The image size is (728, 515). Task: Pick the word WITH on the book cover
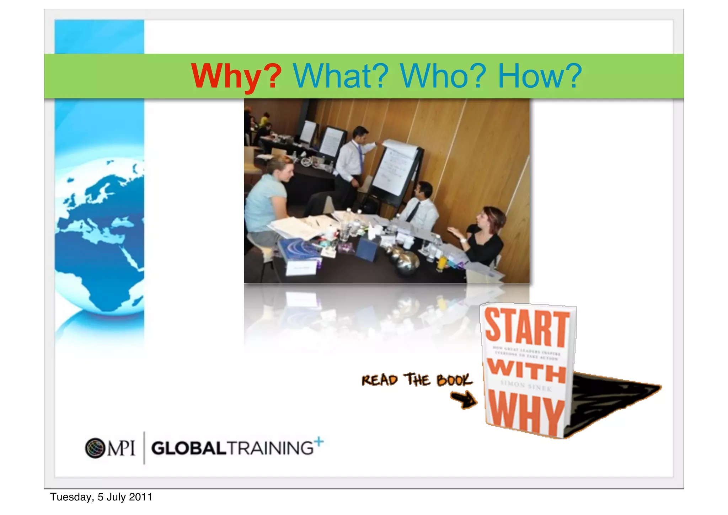click(x=526, y=371)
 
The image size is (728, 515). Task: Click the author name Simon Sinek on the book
click(x=526, y=386)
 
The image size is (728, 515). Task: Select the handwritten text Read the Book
click(x=417, y=380)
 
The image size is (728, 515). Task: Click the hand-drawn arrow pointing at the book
click(x=464, y=400)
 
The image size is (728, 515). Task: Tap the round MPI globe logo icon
click(x=95, y=448)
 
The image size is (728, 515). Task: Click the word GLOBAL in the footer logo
click(x=188, y=448)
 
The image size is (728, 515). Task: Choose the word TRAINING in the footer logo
click(x=270, y=448)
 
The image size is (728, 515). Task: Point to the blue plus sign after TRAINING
click(x=319, y=442)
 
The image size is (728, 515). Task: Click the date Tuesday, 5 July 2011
click(x=101, y=497)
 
